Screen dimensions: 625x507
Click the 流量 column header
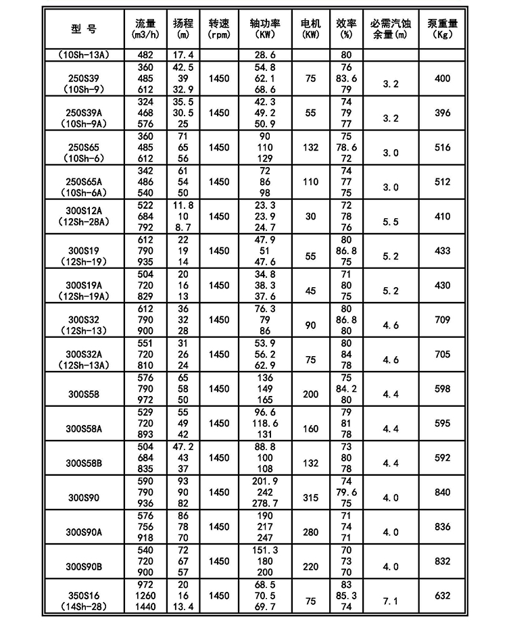click(145, 28)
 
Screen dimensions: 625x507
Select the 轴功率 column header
click(265, 28)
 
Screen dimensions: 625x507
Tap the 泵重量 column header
click(441, 28)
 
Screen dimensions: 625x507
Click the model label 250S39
click(84, 79)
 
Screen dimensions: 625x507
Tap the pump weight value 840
click(441, 493)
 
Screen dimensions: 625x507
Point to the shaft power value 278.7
click(265, 504)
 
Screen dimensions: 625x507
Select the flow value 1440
click(145, 607)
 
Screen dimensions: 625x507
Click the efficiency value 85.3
click(346, 596)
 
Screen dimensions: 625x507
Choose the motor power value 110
click(310, 182)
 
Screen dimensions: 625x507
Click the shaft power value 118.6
click(265, 423)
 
